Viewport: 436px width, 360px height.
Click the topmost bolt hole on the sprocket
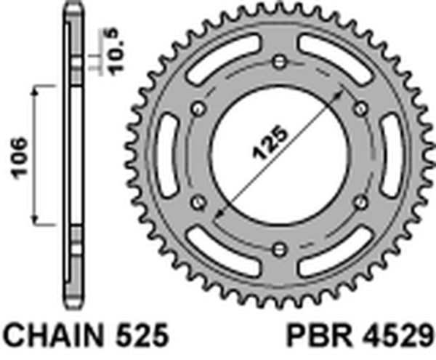(x=278, y=61)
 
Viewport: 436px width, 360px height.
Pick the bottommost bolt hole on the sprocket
(x=278, y=249)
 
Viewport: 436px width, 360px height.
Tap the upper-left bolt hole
(x=196, y=108)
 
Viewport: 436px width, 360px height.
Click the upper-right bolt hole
(x=360, y=108)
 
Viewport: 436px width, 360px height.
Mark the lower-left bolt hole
(x=196, y=203)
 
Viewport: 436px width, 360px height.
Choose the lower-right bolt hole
(x=360, y=203)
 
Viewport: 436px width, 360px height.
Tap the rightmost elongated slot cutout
(x=390, y=156)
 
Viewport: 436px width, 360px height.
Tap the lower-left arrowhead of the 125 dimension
(x=219, y=214)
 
